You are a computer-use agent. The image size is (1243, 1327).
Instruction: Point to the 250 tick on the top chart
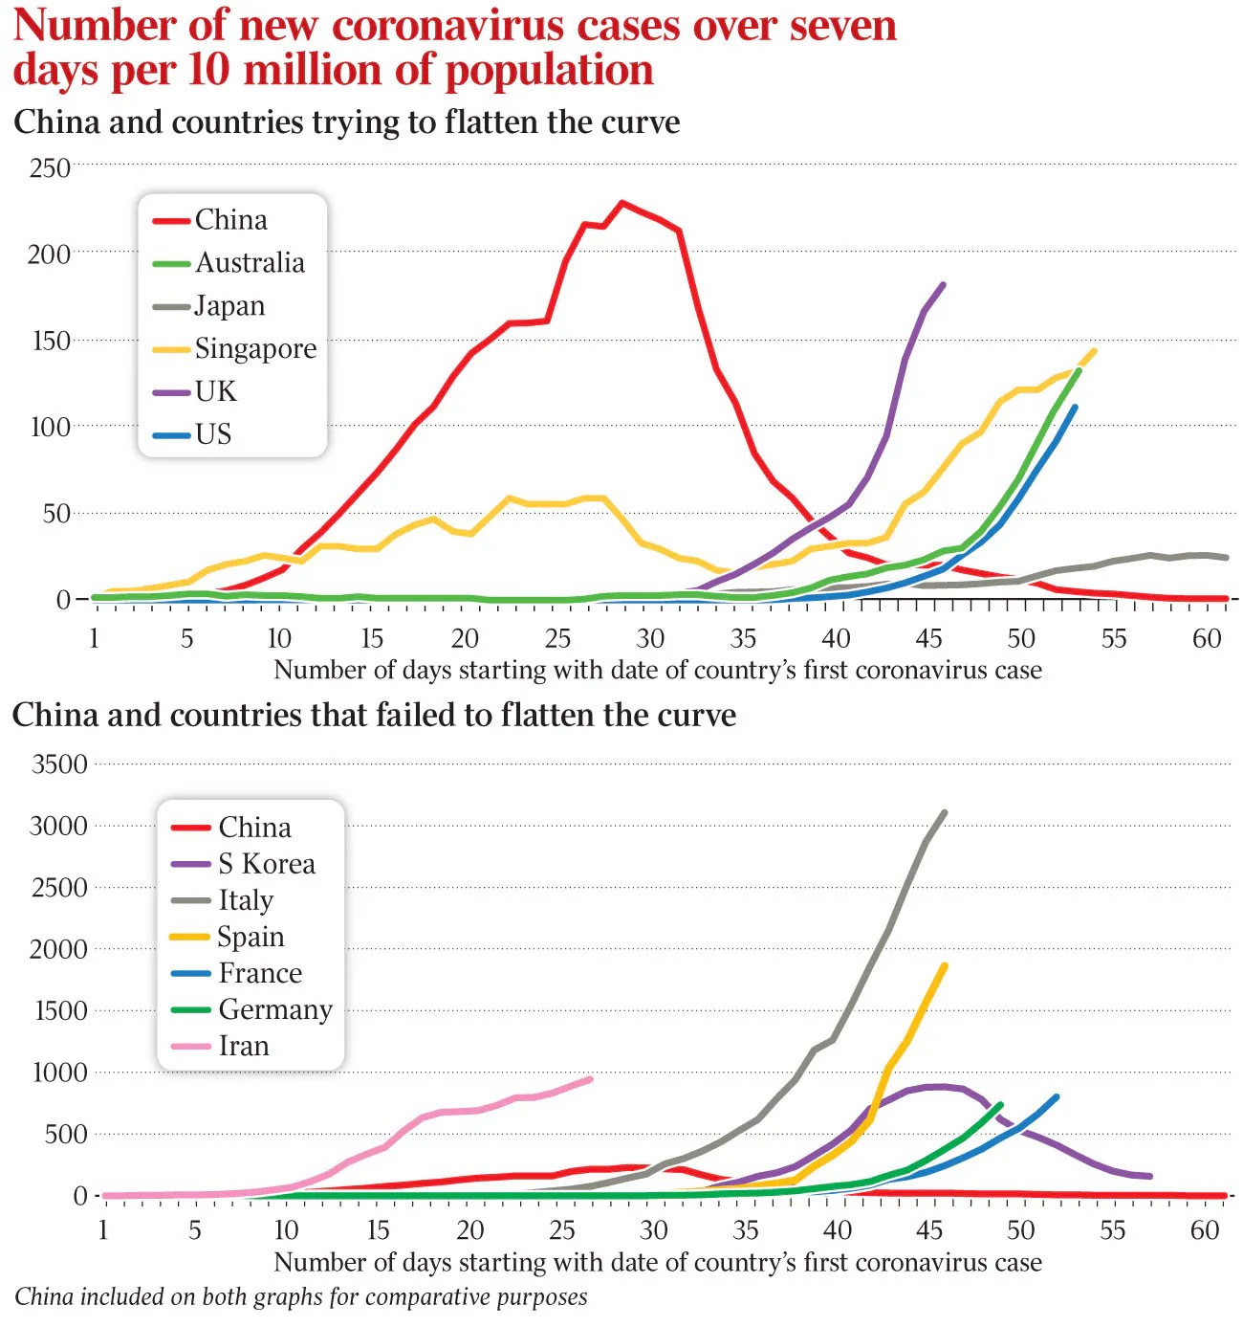pyautogui.click(x=50, y=168)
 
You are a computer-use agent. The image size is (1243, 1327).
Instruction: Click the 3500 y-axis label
pyautogui.click(x=59, y=764)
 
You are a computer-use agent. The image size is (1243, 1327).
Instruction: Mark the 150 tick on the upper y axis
pyautogui.click(x=50, y=341)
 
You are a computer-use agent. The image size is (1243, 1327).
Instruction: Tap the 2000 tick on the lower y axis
pyautogui.click(x=59, y=949)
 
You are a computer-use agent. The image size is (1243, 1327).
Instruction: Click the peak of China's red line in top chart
pyautogui.click(x=622, y=203)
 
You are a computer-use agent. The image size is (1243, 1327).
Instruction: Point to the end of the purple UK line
pyautogui.click(x=944, y=284)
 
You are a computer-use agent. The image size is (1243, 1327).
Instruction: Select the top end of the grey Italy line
pyautogui.click(x=945, y=812)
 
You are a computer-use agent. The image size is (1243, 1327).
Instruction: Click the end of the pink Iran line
pyautogui.click(x=590, y=1079)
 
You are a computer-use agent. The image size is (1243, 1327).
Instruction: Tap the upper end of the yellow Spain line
pyautogui.click(x=945, y=965)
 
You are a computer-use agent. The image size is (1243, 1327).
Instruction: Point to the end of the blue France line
pyautogui.click(x=1057, y=1096)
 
